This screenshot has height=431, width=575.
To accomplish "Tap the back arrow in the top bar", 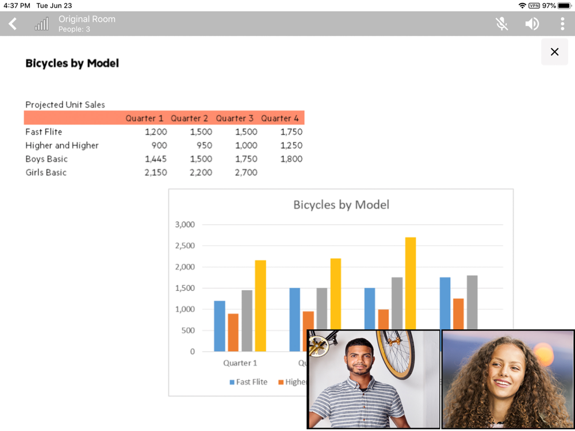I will tap(13, 24).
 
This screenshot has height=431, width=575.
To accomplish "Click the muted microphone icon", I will tap(502, 24).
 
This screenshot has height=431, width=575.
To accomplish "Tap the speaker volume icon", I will tap(532, 24).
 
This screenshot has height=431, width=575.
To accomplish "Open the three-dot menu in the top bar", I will tap(562, 24).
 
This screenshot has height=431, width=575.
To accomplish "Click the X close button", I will tap(554, 52).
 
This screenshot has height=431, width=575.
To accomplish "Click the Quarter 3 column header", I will tap(235, 118).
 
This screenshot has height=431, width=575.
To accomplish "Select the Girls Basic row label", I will tap(46, 172).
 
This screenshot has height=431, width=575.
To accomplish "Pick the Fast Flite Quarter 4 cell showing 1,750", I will tap(291, 132).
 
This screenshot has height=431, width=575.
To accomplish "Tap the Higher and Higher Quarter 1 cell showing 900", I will tap(159, 145).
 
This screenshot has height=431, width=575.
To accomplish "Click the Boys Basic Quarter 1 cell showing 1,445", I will tap(156, 159).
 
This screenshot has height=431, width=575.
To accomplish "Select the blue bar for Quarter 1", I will tap(220, 326).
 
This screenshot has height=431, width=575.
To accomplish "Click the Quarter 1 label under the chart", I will tap(240, 363).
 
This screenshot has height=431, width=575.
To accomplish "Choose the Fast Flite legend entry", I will tap(248, 382).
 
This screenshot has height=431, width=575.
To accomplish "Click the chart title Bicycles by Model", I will tap(341, 205).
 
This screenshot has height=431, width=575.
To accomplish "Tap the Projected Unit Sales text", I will tap(65, 105).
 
